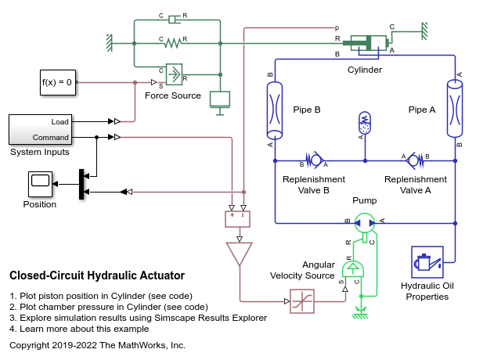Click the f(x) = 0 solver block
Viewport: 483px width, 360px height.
click(58, 82)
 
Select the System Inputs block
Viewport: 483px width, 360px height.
click(41, 130)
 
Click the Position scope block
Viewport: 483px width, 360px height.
click(40, 184)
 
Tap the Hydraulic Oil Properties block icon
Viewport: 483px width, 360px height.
click(427, 262)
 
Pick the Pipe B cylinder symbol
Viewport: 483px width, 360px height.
click(275, 110)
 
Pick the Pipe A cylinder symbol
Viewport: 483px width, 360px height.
click(455, 109)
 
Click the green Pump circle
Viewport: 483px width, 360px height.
click(365, 223)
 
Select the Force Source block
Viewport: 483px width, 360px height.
click(174, 74)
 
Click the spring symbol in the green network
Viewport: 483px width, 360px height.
click(172, 43)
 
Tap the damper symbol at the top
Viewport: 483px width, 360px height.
click(173, 20)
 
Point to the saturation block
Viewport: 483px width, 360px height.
click(302, 301)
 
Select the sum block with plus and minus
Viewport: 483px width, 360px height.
click(237, 219)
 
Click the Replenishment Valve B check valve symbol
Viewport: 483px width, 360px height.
click(315, 160)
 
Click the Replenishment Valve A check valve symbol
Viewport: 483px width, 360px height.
click(415, 160)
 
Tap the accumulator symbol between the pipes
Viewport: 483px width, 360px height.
click(365, 123)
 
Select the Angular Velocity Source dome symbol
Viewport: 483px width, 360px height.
click(353, 268)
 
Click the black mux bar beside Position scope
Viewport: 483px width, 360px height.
click(81, 184)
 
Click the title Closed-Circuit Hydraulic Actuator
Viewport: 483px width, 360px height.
click(97, 275)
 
